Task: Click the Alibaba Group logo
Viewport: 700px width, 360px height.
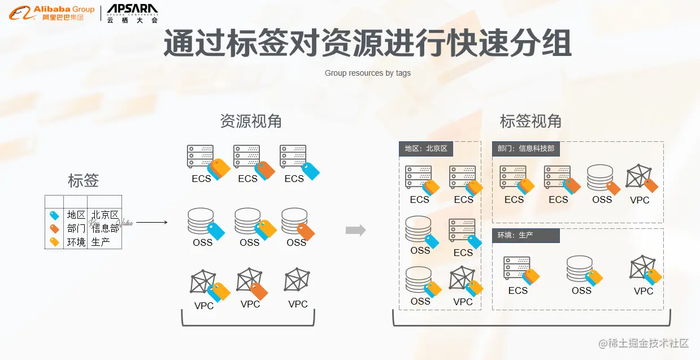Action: (51, 12)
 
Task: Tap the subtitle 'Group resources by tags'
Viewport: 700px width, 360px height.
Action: (367, 73)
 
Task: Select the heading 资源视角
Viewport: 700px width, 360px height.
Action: (250, 121)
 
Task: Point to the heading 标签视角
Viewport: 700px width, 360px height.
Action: (531, 121)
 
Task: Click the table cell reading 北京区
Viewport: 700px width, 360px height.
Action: (105, 215)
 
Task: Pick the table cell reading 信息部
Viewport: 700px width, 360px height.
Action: (105, 228)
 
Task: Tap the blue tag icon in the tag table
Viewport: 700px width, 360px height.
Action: (54, 215)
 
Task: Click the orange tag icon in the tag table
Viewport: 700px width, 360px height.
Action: (54, 229)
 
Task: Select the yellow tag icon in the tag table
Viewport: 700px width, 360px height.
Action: (54, 242)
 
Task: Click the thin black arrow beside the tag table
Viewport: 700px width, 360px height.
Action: (151, 222)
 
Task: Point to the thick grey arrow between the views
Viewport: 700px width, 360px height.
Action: (355, 230)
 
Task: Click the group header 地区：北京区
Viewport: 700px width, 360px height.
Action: (426, 149)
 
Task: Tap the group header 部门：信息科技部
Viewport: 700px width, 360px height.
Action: (526, 149)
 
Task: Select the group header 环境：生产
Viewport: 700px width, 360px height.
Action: (525, 235)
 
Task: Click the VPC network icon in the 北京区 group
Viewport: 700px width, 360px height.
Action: (462, 279)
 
